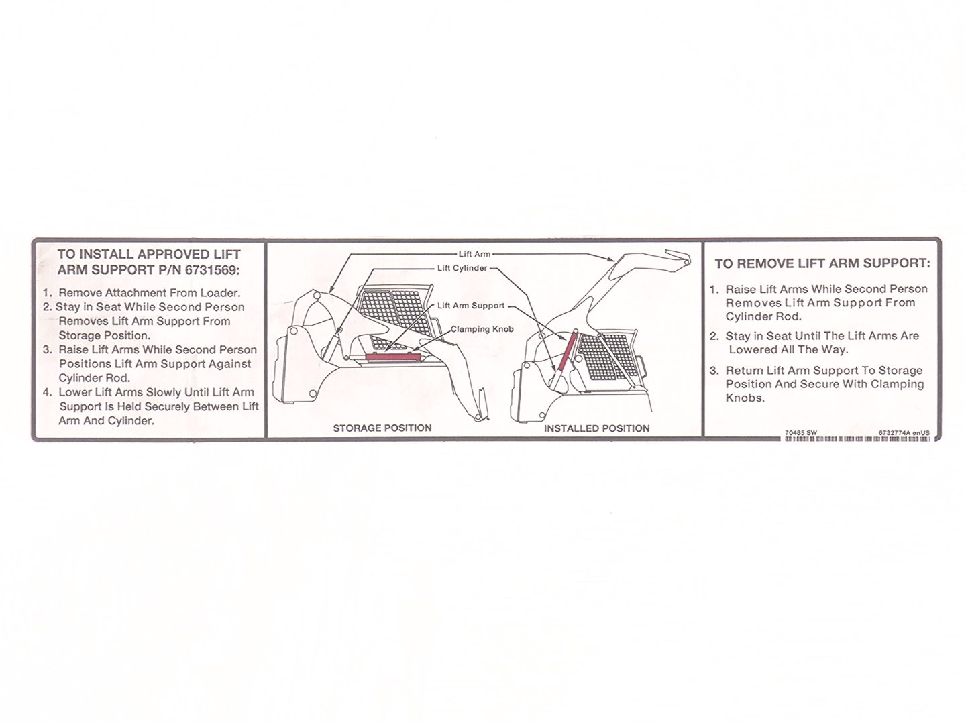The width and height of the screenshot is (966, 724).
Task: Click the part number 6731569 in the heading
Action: pyautogui.click(x=212, y=270)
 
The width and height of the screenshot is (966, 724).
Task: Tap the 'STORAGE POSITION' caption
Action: pyautogui.click(x=382, y=428)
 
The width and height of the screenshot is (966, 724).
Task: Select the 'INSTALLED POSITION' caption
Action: pyautogui.click(x=596, y=428)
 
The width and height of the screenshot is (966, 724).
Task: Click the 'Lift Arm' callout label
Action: pyautogui.click(x=474, y=254)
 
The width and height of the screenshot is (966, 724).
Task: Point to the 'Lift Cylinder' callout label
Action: pyautogui.click(x=462, y=268)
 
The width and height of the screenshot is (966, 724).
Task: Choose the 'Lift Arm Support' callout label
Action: pyautogui.click(x=471, y=306)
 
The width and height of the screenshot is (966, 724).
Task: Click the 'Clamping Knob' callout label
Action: pyautogui.click(x=482, y=329)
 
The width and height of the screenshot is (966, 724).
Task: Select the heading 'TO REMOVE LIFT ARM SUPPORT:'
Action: pyautogui.click(x=822, y=263)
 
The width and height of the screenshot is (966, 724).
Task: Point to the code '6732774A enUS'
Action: pyautogui.click(x=904, y=432)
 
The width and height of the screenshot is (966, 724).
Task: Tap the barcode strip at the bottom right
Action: pyautogui.click(x=857, y=438)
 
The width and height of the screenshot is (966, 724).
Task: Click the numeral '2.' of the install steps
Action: pyautogui.click(x=48, y=307)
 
